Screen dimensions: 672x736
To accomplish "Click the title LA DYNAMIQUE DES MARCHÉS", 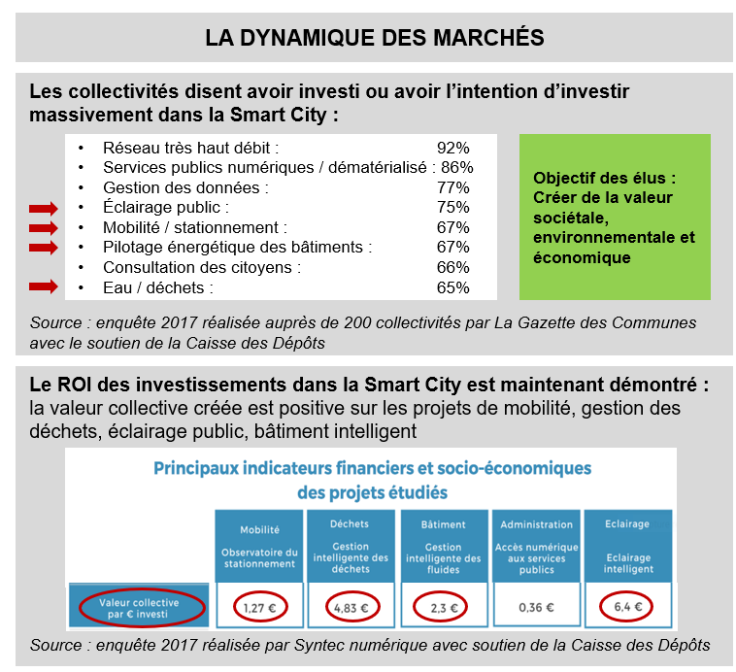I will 374,38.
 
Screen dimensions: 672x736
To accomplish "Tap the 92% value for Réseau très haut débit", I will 453,148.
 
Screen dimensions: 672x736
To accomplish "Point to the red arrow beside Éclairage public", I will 44,208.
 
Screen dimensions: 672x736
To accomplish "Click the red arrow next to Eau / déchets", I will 44,286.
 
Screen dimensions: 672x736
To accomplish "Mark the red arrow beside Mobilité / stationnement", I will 44,227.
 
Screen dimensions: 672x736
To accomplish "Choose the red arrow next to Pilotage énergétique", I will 44,247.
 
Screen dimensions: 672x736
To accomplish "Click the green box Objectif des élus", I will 615,218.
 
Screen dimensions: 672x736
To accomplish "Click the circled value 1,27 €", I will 256,608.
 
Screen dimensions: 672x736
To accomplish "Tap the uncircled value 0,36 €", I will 536,608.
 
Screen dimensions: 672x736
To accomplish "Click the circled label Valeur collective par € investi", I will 138,608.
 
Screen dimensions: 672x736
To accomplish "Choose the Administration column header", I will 536,525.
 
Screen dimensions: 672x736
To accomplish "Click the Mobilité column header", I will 259,529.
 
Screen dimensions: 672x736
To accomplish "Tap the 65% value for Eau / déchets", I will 453,287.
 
